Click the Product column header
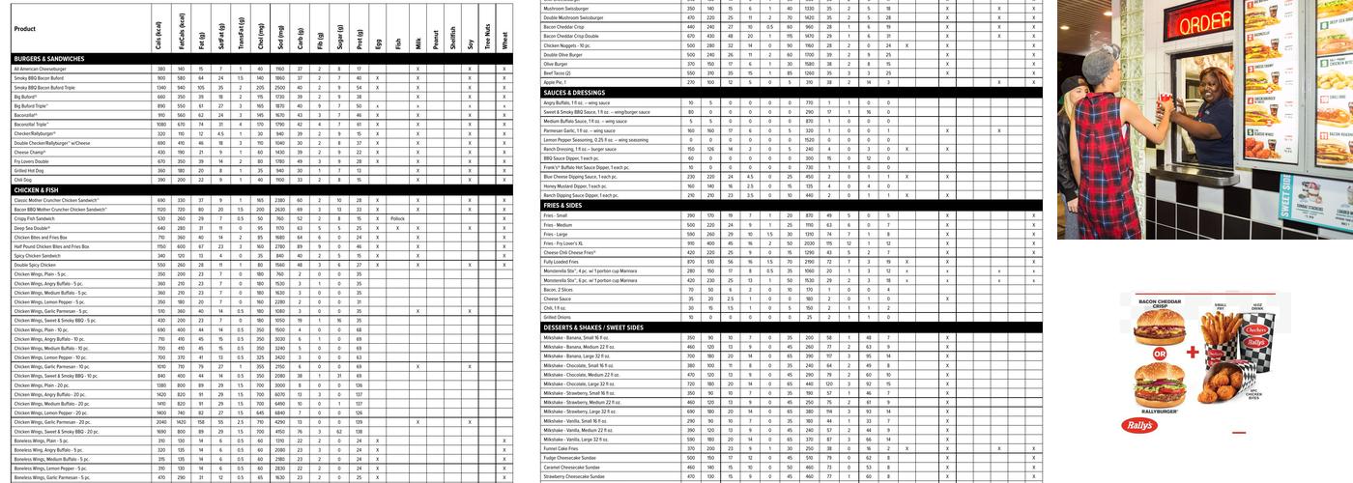click(x=25, y=29)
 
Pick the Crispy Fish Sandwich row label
click(x=35, y=218)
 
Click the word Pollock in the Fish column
click(x=397, y=218)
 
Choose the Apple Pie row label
click(x=555, y=82)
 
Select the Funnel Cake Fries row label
click(x=561, y=448)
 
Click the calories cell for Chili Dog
click(x=158, y=180)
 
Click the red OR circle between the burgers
click(x=1147, y=365)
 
